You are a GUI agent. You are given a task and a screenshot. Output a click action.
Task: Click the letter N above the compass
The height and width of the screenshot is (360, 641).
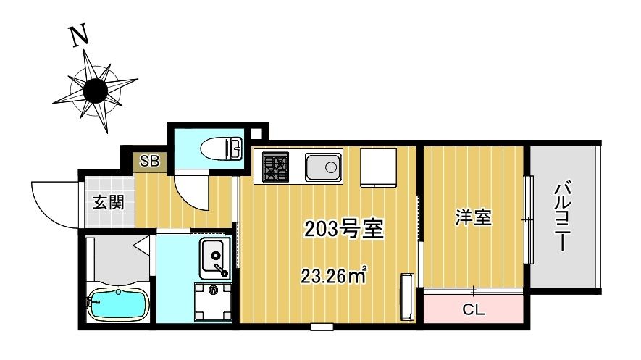tap(80, 35)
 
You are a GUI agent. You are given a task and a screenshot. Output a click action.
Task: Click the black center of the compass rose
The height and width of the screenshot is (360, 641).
tap(96, 91)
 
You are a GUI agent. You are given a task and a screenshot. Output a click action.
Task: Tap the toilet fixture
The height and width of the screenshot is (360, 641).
tap(222, 148)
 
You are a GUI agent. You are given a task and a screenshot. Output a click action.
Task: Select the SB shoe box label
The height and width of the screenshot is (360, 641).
tap(150, 161)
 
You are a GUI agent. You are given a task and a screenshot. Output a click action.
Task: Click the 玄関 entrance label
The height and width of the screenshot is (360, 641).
tap(108, 202)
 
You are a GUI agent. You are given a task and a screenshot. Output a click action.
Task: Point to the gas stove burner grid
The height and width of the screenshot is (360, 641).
tap(275, 167)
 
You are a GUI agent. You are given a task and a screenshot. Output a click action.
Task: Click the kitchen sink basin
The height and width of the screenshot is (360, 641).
tap(323, 167)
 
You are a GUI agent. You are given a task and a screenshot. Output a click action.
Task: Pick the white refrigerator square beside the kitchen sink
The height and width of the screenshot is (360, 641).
tap(378, 167)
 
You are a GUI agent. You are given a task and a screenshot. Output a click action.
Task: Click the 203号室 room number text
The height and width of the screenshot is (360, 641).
tap(344, 229)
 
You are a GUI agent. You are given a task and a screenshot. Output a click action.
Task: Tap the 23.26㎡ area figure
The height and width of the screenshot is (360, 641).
tap(333, 276)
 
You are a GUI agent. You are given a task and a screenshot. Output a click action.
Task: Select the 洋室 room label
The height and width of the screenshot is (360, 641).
tap(474, 217)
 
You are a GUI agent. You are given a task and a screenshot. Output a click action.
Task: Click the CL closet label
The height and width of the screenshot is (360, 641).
tap(474, 309)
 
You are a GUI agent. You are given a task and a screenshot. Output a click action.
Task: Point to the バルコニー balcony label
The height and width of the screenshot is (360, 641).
tap(563, 216)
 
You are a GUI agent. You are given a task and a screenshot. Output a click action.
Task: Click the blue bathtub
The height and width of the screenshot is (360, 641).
tap(118, 304)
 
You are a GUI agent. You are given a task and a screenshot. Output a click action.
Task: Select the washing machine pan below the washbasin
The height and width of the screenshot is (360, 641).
tap(213, 302)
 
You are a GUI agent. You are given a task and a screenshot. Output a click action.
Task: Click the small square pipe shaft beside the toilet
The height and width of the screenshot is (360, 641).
tap(256, 133)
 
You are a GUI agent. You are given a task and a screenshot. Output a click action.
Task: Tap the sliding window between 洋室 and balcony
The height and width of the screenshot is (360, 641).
tap(529, 220)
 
